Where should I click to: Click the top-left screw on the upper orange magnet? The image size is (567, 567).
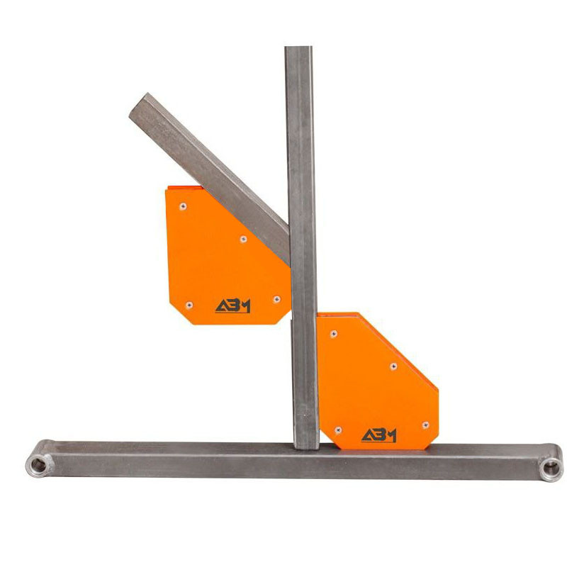pos(183,206)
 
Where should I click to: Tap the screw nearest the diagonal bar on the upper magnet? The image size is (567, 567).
pos(243,239)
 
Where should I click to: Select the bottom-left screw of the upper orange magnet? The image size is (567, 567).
pos(189,305)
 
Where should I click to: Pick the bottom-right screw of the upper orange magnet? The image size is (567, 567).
pos(276,299)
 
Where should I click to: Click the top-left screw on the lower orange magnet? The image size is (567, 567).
pos(334,334)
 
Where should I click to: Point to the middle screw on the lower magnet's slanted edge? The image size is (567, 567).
pos(393,366)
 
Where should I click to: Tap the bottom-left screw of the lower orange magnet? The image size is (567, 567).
pos(338,430)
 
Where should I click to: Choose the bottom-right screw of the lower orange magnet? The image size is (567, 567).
pos(426,425)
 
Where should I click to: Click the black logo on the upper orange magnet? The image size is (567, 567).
pos(233,306)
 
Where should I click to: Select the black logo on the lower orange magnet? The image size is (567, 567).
pos(379,435)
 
